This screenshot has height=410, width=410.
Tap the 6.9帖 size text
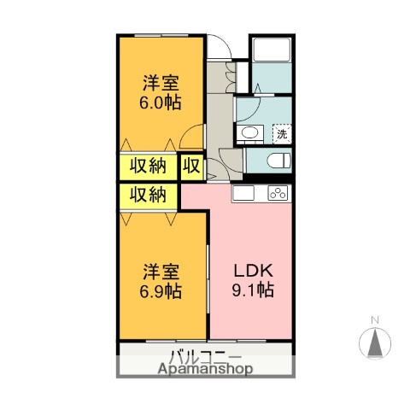click(x=161, y=291)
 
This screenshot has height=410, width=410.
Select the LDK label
click(x=254, y=272)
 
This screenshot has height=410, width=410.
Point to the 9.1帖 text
click(x=254, y=291)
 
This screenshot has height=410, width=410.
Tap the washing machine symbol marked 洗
click(x=281, y=133)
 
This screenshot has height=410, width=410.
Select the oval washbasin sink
click(x=249, y=132)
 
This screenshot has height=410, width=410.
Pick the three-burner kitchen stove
click(x=278, y=194)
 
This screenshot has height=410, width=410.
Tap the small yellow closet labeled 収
click(x=190, y=166)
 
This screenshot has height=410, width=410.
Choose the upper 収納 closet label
click(x=148, y=166)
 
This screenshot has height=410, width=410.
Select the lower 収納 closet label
click(x=148, y=196)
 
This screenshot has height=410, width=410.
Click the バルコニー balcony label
click(x=206, y=356)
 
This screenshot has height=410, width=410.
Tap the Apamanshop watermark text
click(x=206, y=370)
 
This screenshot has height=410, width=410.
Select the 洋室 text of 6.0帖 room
click(x=161, y=84)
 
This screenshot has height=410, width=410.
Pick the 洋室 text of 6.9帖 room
click(x=161, y=272)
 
